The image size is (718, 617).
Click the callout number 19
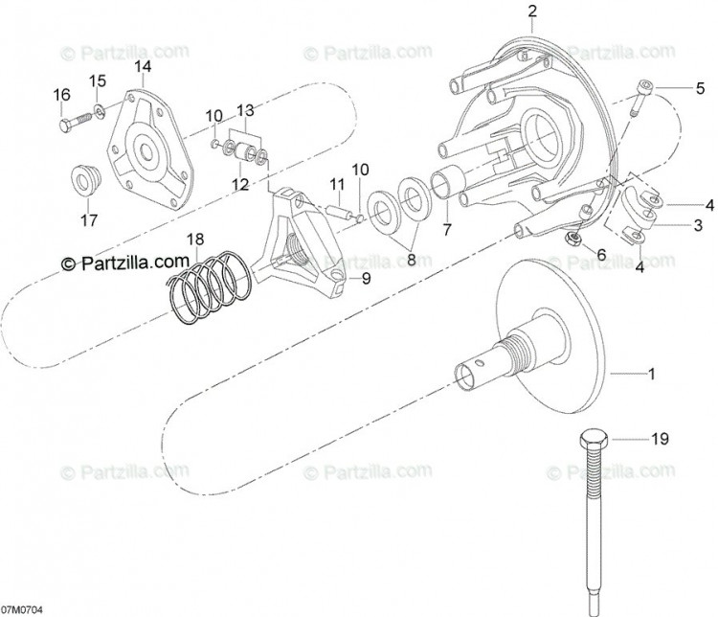point(660,439)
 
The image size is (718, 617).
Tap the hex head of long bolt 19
point(595,441)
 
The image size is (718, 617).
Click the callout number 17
point(89,220)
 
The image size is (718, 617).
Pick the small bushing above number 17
point(84,181)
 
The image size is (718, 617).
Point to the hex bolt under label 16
point(77,121)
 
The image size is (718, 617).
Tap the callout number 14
point(143,66)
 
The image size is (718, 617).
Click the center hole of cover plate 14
point(146,150)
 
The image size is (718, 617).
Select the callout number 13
point(245,110)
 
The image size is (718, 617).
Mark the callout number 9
point(367,279)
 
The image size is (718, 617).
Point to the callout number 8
point(412,261)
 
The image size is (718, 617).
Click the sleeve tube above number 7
point(444,184)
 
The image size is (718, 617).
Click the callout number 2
point(531,11)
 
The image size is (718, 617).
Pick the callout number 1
point(652,374)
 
